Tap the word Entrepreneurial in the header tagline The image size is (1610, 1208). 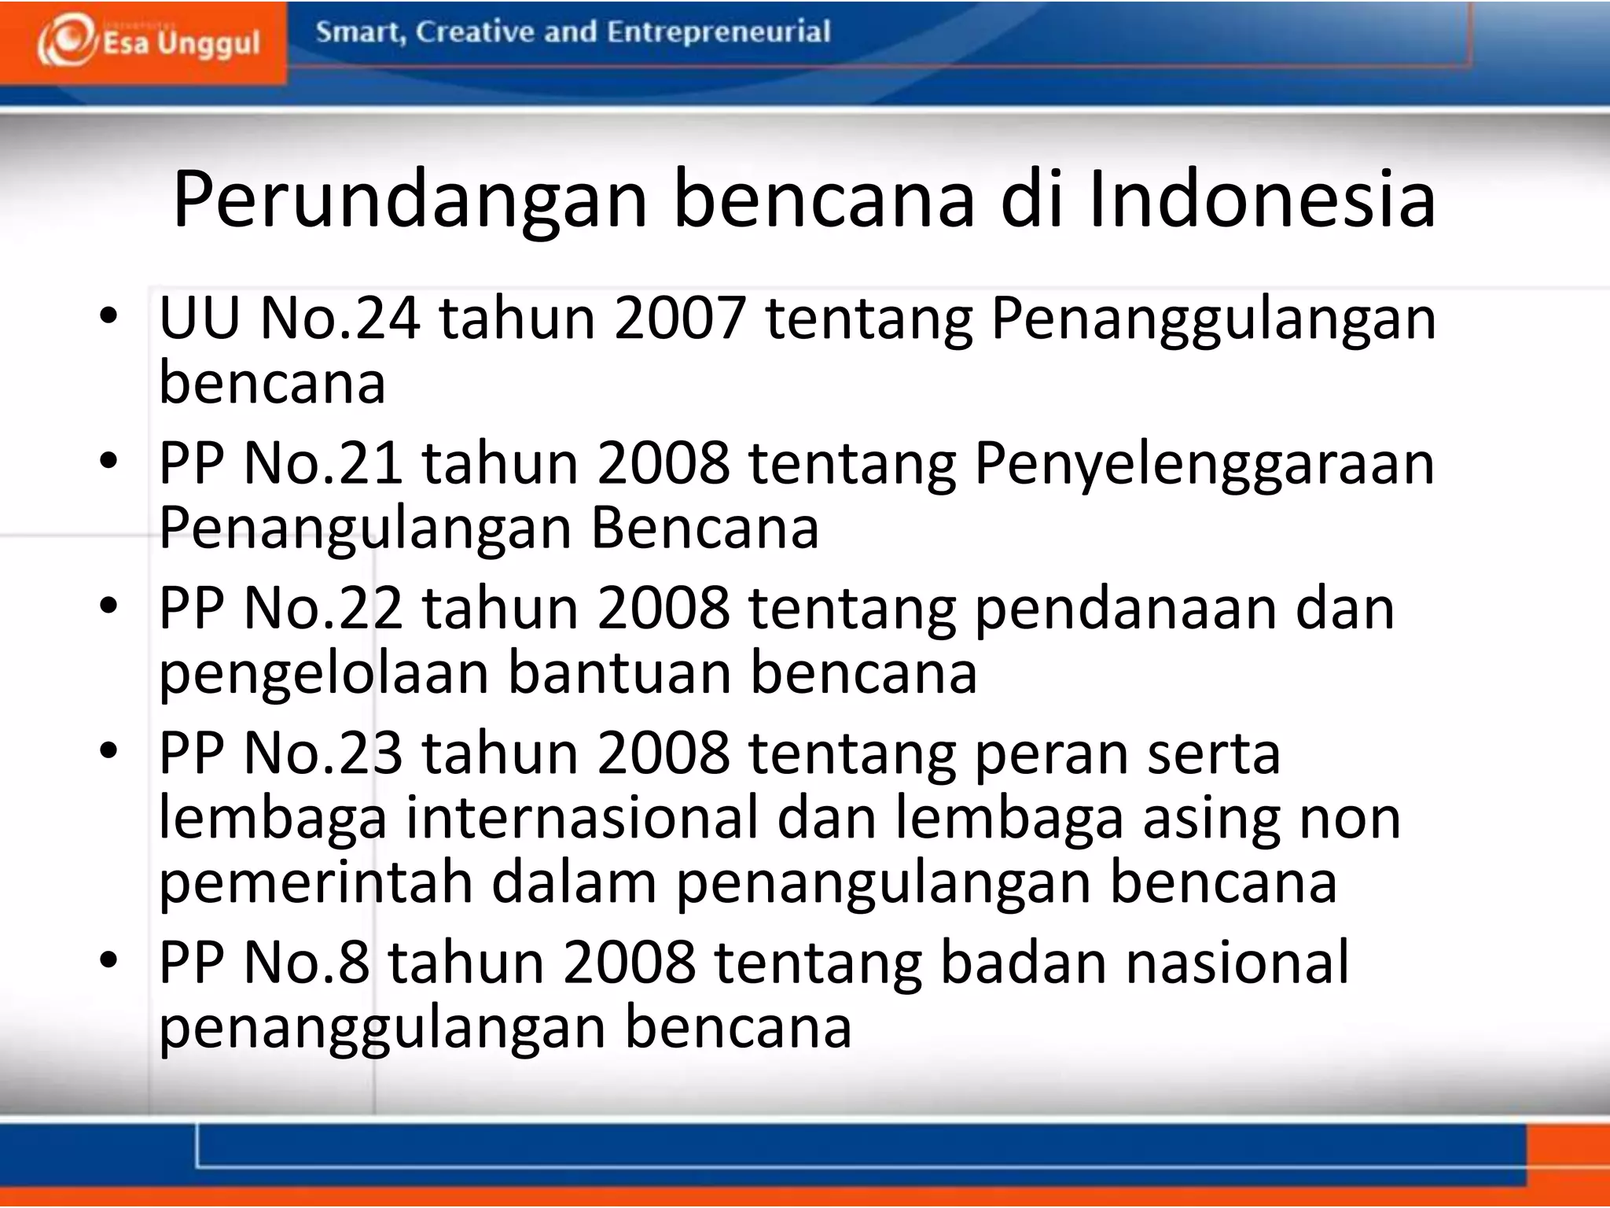(x=719, y=32)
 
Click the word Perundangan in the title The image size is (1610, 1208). (x=410, y=200)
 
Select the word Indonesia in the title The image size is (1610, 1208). (x=1263, y=200)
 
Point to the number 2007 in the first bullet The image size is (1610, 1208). (x=680, y=319)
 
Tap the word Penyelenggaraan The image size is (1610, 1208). (x=1204, y=464)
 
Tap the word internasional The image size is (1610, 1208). (x=582, y=818)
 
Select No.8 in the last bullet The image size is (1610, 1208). (x=306, y=963)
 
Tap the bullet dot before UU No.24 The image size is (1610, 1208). (x=108, y=316)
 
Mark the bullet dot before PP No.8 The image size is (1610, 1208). (x=108, y=960)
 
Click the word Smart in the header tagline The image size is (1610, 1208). (x=361, y=32)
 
